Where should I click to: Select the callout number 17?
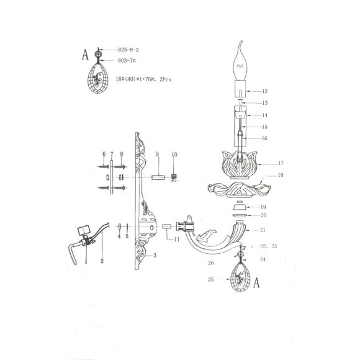click(281, 163)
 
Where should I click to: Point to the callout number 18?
click(281, 176)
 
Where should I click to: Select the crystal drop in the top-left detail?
click(99, 78)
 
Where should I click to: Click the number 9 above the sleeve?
click(158, 153)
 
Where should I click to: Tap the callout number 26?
click(211, 261)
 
